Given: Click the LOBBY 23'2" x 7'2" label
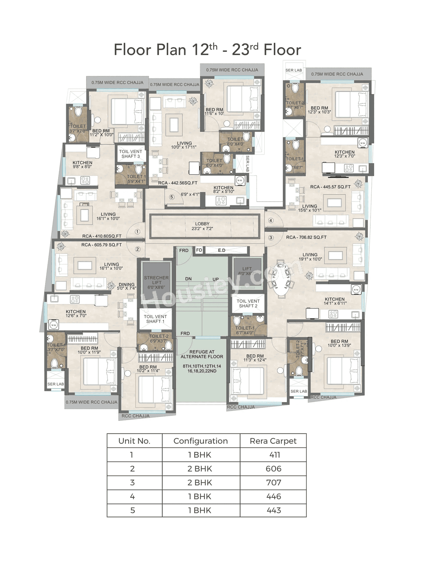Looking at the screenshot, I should (202, 226).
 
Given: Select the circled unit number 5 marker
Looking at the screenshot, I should (172, 197).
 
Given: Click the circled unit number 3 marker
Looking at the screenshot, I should (271, 238).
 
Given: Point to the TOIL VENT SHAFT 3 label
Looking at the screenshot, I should (130, 154).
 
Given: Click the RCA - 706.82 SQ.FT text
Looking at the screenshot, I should (306, 237).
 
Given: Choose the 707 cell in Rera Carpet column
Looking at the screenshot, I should (273, 483).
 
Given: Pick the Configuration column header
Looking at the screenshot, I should (201, 441).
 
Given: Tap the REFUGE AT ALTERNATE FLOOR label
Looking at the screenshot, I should (202, 354).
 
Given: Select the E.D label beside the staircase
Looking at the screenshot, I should (221, 250).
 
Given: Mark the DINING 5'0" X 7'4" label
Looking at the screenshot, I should (127, 286).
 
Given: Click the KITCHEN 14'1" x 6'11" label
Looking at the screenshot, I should (335, 301).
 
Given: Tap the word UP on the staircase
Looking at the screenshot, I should (216, 279).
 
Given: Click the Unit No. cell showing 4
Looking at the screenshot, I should (133, 496).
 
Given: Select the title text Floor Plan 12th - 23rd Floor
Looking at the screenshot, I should (207, 50).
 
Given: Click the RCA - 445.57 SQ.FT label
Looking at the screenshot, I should (330, 187).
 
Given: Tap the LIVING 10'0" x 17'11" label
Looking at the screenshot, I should (184, 145).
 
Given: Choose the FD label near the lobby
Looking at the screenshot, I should (199, 250).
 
